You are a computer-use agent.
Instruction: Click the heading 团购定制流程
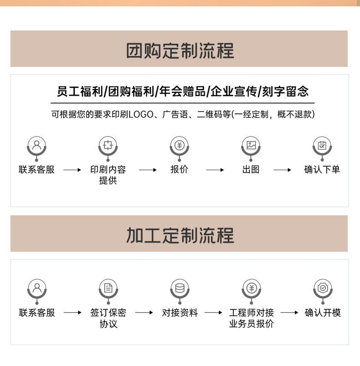point(180,50)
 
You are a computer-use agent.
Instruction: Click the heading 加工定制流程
point(180,235)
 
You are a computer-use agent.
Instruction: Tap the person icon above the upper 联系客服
point(36,145)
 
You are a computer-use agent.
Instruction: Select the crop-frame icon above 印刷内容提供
point(108,145)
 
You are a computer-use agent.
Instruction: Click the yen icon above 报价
point(179,145)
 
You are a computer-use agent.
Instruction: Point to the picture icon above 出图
point(251,145)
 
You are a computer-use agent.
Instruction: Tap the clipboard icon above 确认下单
point(322,145)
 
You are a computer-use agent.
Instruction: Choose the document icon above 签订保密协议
point(108,288)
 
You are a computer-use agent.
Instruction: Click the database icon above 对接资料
point(180,288)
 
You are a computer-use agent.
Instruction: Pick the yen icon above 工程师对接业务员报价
point(251,288)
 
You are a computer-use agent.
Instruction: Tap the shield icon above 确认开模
point(323,288)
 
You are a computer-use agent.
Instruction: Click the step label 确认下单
point(322,170)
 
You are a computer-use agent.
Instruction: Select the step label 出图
point(251,170)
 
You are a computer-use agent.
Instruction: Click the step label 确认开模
point(323,313)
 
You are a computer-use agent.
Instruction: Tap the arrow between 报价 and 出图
point(215,170)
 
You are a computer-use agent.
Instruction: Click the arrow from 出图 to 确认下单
point(283,170)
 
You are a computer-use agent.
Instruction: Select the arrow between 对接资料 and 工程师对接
point(214,313)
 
